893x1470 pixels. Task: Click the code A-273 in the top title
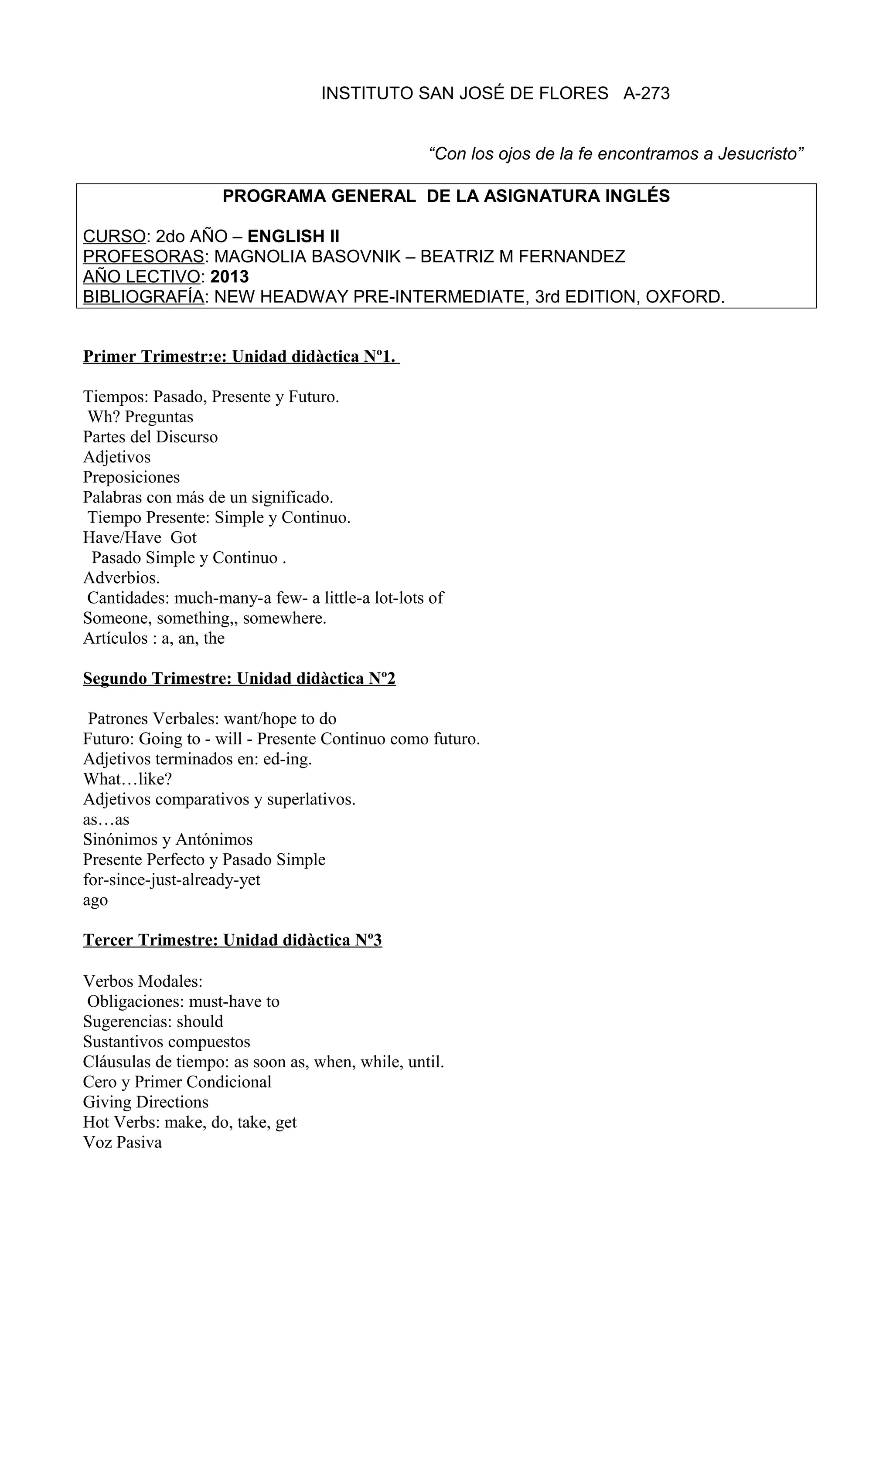coord(647,93)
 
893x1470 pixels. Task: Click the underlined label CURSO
coord(114,236)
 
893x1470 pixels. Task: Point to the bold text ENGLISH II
coord(293,236)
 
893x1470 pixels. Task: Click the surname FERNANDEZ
coord(571,257)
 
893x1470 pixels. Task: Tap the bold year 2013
coord(229,277)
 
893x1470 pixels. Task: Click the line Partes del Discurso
coord(150,437)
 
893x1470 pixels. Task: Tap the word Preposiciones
coord(131,477)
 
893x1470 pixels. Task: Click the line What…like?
coord(127,779)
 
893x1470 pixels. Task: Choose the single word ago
coord(95,900)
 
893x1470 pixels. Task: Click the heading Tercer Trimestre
coord(150,940)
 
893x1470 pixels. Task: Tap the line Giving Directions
coord(146,1102)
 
